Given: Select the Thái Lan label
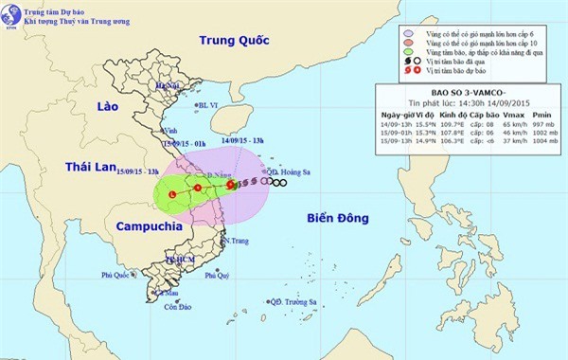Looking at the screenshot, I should click(90, 166).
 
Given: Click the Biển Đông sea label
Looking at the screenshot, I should click(338, 218).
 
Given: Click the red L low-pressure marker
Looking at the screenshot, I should click(171, 194).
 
